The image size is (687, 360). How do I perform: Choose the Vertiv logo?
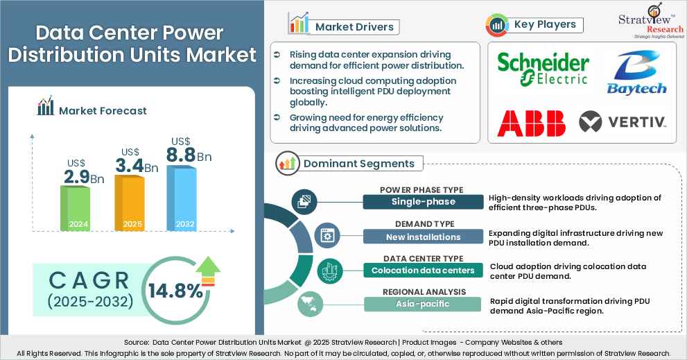[623, 122]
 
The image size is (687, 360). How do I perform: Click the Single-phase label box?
[422, 201]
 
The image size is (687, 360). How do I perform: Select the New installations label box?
[423, 237]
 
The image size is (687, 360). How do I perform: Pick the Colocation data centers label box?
[423, 270]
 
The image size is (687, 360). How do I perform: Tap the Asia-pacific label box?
[423, 303]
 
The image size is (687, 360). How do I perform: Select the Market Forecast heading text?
[102, 110]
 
